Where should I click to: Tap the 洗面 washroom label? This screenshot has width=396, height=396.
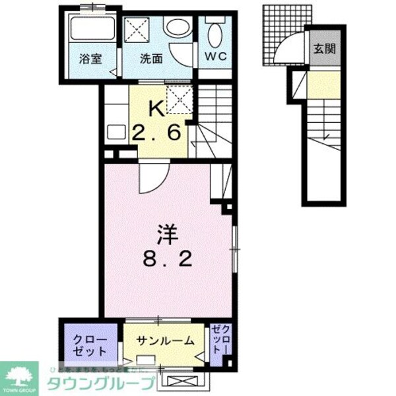(150, 58)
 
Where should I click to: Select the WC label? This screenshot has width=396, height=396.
(215, 57)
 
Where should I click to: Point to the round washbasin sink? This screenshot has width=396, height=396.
(178, 28)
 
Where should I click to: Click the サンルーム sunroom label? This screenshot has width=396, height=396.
(166, 341)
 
